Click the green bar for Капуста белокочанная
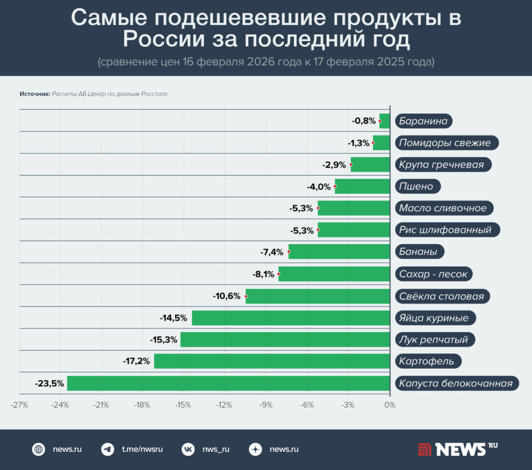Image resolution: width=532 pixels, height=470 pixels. [228, 383]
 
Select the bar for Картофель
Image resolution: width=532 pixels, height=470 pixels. [272, 361]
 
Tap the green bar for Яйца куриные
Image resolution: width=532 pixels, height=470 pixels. [291, 318]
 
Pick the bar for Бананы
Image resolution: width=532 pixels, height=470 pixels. [339, 252]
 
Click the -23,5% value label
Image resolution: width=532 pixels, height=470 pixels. [49, 383]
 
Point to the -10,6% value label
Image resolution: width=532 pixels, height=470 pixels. [227, 296]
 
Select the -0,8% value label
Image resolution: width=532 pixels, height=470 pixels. [364, 121]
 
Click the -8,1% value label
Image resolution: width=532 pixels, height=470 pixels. [263, 274]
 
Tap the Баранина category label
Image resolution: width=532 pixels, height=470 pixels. [423, 121]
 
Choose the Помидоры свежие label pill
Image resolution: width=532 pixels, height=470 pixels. [445, 142]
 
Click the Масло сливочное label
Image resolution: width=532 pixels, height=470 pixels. [443, 208]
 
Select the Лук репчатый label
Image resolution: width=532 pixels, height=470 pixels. [434, 340]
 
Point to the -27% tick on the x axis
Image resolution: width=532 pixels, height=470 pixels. [19, 405]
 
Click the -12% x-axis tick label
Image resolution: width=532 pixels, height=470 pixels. [225, 405]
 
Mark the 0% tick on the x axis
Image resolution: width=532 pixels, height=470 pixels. [390, 405]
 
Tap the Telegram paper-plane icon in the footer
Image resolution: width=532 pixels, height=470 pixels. [107, 449]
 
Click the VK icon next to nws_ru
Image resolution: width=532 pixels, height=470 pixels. [188, 449]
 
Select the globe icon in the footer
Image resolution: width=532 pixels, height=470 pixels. [38, 449]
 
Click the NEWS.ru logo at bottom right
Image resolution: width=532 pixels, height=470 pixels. [458, 449]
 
